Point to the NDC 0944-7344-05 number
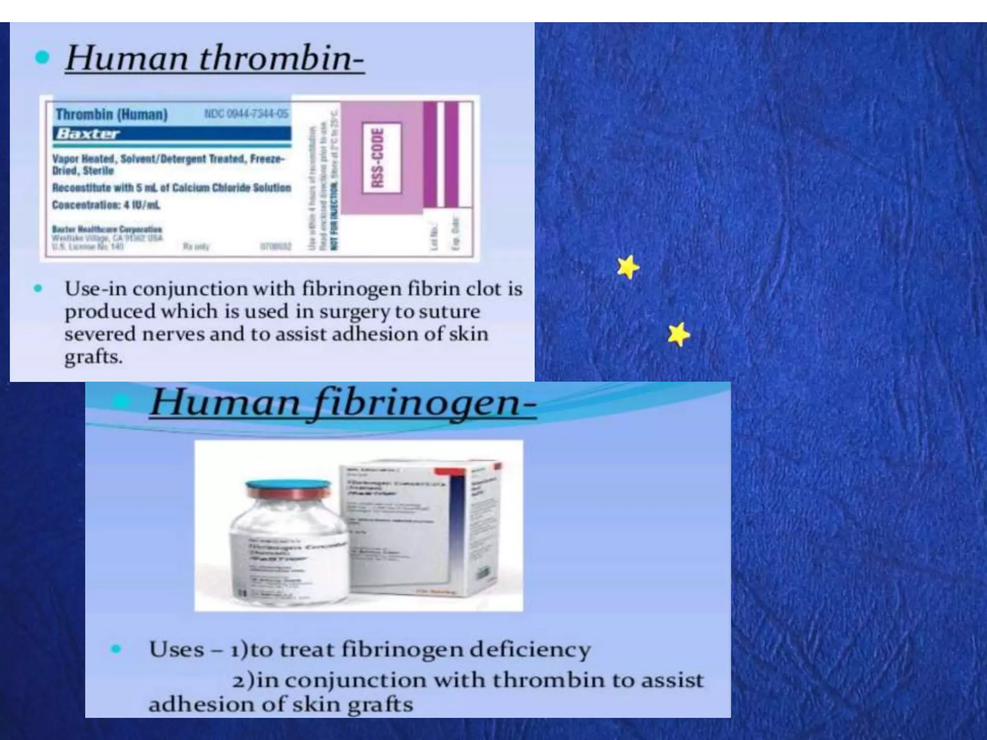tap(246, 114)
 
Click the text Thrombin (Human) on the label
tap(111, 115)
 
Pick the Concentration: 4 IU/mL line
tap(106, 205)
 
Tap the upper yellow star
tap(628, 267)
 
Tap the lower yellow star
tap(679, 334)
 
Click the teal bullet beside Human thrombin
tap(42, 58)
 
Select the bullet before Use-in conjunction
tap(38, 289)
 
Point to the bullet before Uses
tap(116, 649)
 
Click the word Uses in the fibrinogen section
tap(176, 649)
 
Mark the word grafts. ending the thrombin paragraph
tap(93, 357)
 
